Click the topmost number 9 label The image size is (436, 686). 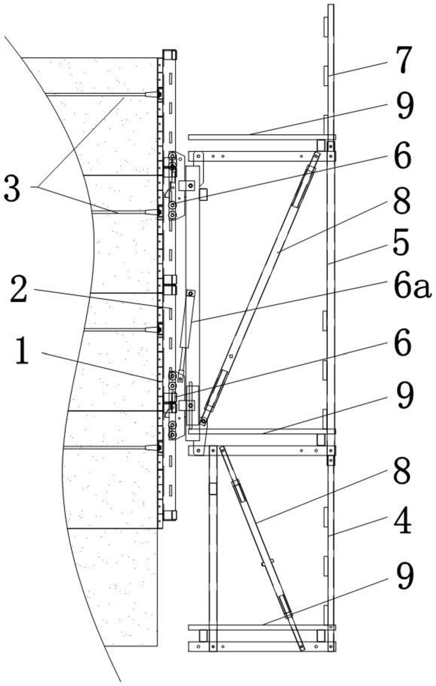404,107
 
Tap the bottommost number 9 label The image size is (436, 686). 404,577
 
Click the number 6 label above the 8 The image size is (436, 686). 403,158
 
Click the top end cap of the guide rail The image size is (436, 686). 169,55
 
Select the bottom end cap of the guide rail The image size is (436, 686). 169,515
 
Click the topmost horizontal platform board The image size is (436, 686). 261,137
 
